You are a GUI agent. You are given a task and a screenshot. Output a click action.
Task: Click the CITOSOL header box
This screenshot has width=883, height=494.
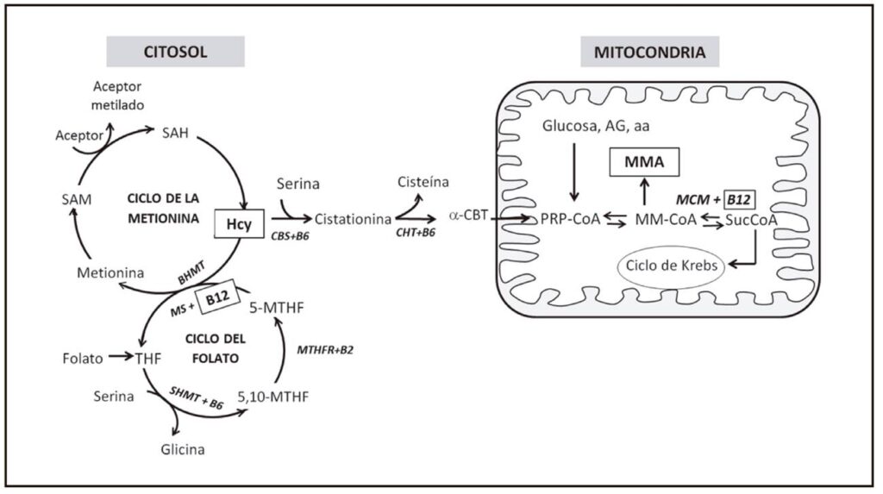pyautogui.click(x=175, y=52)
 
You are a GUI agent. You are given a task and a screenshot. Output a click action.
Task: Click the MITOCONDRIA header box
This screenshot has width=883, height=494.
pyautogui.click(x=649, y=52)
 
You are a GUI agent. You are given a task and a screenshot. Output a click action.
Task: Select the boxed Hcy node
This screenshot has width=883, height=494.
pyautogui.click(x=234, y=222)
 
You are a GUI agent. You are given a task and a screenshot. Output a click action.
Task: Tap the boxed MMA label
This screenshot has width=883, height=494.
pyautogui.click(x=644, y=160)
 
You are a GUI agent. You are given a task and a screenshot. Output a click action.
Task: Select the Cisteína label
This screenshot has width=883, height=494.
pyautogui.click(x=423, y=182)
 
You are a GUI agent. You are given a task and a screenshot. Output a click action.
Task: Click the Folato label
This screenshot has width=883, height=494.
pyautogui.click(x=84, y=355)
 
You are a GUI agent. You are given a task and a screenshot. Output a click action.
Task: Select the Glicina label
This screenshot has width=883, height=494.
pyautogui.click(x=181, y=449)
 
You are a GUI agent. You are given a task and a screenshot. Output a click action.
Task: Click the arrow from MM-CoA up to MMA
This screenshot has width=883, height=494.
pyautogui.click(x=644, y=191)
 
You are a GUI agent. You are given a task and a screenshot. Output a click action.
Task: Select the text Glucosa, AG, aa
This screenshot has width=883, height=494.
pyautogui.click(x=596, y=126)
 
